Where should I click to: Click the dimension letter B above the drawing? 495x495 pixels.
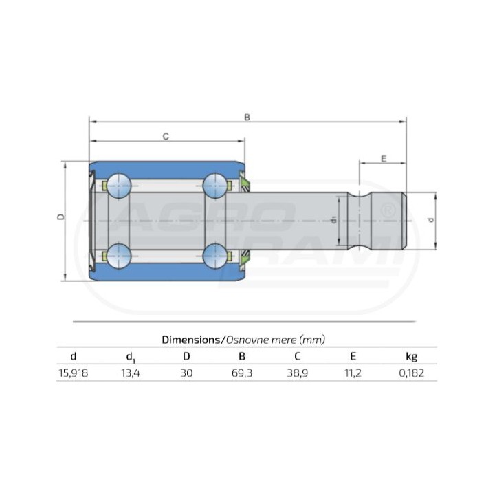point(247,118)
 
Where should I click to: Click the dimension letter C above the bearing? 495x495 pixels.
point(166,136)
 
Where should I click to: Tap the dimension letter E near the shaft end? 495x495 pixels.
point(384,159)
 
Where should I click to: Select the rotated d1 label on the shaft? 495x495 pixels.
point(334,220)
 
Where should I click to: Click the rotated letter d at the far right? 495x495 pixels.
point(430,220)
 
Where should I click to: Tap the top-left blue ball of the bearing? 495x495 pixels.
point(119,186)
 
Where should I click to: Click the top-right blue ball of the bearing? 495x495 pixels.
point(215,186)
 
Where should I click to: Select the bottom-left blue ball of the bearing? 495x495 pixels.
point(119,256)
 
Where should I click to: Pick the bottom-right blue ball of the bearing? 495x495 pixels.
point(215,256)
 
